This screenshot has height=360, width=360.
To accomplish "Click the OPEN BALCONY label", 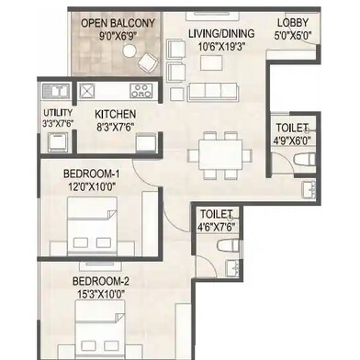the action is coord(118,24).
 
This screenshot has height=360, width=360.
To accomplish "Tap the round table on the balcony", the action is coord(129,51).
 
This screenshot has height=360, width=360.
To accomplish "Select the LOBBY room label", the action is coord(293,23).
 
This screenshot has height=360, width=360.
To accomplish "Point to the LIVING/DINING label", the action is coord(221,33).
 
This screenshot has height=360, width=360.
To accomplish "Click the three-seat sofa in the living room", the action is coord(213,92).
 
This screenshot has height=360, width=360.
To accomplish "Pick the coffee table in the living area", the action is coord(211,62).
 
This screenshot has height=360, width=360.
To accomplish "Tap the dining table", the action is coord(220,154).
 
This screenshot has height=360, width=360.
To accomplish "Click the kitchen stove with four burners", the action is coord(141,91).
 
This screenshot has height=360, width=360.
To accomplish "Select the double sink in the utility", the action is coord(56,91).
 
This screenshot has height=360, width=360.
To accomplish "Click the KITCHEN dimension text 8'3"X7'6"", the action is coord(116,127).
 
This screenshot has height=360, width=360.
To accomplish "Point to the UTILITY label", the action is coord(58,113).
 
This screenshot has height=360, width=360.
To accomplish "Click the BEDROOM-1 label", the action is coord(91,174).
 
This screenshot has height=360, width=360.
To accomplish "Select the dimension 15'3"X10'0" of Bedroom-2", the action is coord(101,295).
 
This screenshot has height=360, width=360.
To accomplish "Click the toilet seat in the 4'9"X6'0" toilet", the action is coord(304,160).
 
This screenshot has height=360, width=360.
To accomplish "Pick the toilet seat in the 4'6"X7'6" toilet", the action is coord(228,245).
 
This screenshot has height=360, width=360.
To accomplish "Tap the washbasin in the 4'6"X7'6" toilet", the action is coord(232,268).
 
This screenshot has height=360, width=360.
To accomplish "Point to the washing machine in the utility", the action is coord(58,141).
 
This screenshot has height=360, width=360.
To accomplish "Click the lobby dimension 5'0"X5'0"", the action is coord(292,36).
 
